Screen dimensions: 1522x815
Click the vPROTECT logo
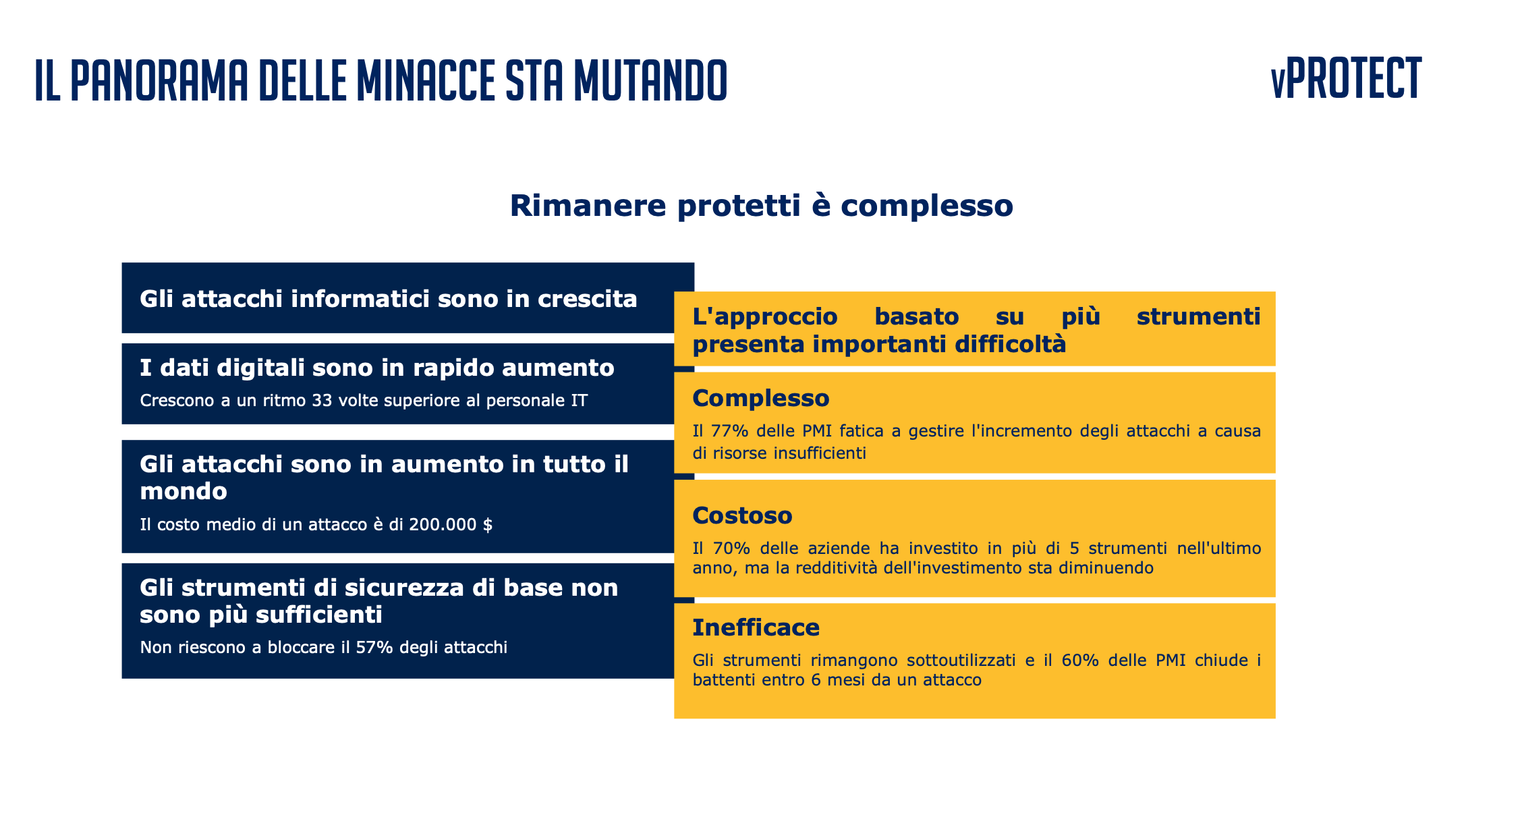coord(1346,78)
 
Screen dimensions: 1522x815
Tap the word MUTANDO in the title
coord(650,80)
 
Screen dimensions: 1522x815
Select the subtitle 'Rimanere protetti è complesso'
coord(761,205)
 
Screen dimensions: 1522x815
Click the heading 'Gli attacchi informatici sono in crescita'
coord(389,298)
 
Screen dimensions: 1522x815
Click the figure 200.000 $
coord(451,524)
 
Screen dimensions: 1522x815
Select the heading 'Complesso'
coord(761,399)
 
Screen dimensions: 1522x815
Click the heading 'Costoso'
coord(742,515)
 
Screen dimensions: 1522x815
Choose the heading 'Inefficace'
coord(756,627)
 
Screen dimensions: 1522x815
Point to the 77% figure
coord(726,430)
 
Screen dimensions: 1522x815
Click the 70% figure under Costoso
coord(726,548)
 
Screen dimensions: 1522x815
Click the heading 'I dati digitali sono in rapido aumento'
coord(377,368)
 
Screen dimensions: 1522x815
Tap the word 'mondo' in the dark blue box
coord(184,491)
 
